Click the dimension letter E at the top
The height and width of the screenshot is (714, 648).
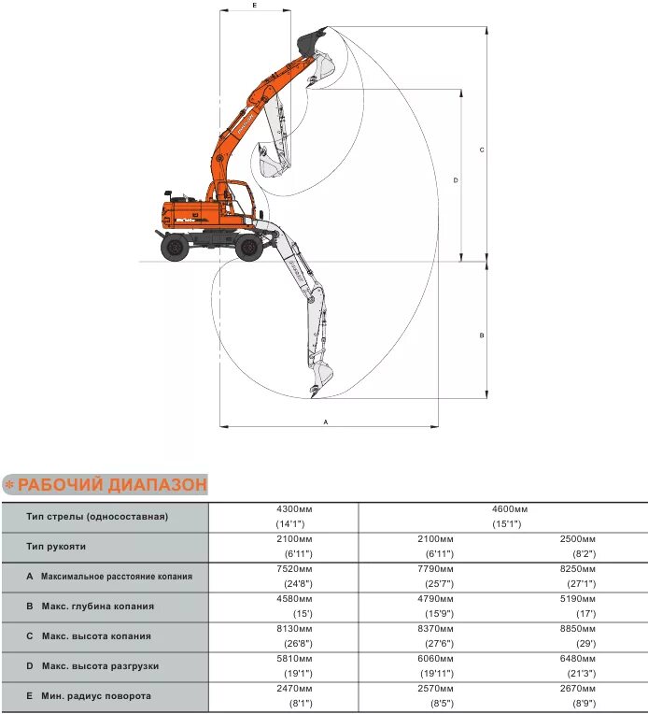point(255,5)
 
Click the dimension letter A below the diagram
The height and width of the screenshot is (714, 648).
point(326,421)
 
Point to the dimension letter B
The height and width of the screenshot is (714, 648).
point(481,335)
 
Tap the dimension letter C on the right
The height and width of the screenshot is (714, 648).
point(481,150)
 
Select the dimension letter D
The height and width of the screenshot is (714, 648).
point(455,179)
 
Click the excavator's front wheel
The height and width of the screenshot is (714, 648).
point(248,247)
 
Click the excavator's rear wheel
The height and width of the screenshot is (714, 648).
point(175,248)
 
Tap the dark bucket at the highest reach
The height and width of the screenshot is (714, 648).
point(311,41)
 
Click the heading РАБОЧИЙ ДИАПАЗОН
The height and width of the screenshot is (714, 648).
point(111,484)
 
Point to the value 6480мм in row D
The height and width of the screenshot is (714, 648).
point(576,658)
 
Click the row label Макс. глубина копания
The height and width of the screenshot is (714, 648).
point(97,607)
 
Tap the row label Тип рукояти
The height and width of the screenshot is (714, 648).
point(57,546)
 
